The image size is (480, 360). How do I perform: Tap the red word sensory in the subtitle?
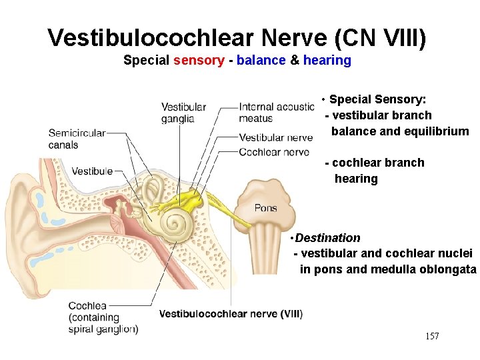coord(199,61)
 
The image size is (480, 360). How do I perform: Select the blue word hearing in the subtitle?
coord(327,61)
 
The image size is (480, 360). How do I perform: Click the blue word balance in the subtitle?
coord(261,61)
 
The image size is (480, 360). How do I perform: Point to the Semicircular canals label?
coord(77,139)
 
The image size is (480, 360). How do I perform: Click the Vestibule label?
coord(92,171)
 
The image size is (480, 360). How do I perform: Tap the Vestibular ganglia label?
coord(183,113)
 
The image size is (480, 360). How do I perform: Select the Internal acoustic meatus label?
coord(276,113)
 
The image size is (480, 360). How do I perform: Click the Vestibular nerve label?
coord(275,138)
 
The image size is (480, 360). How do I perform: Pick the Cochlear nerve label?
coord(273,152)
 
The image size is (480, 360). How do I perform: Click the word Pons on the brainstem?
coord(265,208)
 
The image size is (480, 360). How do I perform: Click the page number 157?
coord(432,336)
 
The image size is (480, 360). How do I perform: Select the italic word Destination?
coord(327,238)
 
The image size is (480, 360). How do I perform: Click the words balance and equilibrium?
coord(400,131)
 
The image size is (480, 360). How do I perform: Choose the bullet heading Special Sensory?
coord(377,99)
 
